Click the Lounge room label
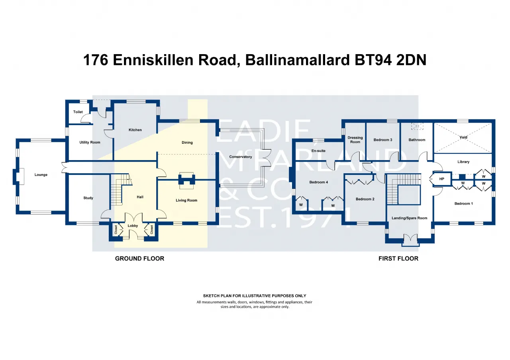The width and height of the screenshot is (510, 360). click(41, 175)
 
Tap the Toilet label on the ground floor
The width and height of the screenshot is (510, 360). click(78, 112)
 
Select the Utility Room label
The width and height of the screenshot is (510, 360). click(90, 143)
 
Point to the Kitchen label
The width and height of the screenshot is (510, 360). click(135, 130)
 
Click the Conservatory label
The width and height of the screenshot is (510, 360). click(240, 157)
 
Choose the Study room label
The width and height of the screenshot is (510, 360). click(88, 198)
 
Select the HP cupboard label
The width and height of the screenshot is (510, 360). click(442, 179)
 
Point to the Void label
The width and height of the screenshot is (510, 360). click(463, 137)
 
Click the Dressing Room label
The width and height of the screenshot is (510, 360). click(355, 140)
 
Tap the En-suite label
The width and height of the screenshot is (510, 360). click(318, 151)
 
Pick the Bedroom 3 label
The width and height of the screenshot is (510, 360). click(383, 140)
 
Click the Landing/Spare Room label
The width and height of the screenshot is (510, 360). click(409, 218)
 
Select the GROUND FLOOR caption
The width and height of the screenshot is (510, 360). click(139, 258)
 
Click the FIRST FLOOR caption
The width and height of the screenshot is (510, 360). click(398, 258)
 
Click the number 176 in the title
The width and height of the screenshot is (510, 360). click(96, 60)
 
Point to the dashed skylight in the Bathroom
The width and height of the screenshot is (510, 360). click(417, 126)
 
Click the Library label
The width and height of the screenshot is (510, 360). click(463, 162)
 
